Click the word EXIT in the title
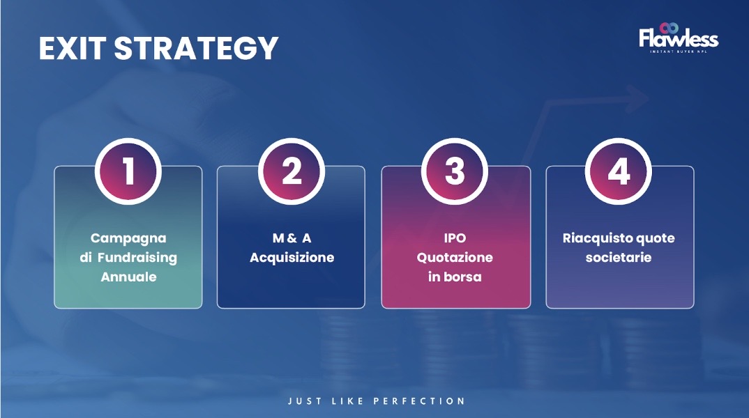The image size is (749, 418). point(72,48)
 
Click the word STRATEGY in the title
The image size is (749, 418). point(197,48)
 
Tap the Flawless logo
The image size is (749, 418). point(679,38)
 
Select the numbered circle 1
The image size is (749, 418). point(128,171)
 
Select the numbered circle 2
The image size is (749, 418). point(292,171)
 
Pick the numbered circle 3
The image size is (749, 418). point(455,171)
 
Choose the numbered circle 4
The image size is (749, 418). point(619,171)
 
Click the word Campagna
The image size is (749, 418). point(128,238)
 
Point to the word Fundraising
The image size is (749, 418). point(137,258)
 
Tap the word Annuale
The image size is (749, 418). point(128,277)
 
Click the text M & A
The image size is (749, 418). point(292,238)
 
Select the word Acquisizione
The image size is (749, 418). point(292,258)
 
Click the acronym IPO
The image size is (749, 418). point(455,238)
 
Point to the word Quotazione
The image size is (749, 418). point(455,258)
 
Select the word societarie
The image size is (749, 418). point(619,258)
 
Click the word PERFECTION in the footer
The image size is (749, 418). point(419,401)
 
